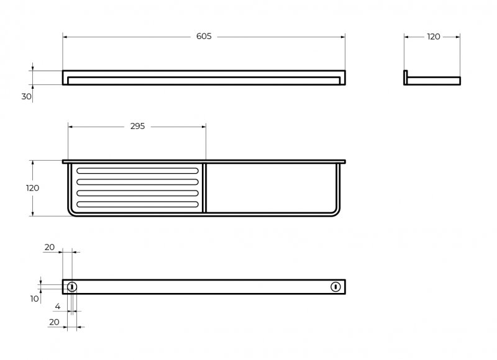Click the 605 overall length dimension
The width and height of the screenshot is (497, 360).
pyautogui.click(x=204, y=37)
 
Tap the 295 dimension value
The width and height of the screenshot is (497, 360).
pyautogui.click(x=137, y=127)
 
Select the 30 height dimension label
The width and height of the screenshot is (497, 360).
pyautogui.click(x=26, y=96)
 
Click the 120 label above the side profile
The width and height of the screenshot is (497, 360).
pyautogui.click(x=433, y=37)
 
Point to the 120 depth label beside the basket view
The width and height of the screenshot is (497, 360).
pyautogui.click(x=32, y=188)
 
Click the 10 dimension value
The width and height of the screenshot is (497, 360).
pyautogui.click(x=35, y=299)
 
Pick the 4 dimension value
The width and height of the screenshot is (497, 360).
pyautogui.click(x=57, y=306)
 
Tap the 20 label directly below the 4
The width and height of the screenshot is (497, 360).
pyautogui.click(x=54, y=322)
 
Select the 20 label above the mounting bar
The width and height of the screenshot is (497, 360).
pyautogui.click(x=50, y=247)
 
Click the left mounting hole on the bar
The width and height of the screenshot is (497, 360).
pyautogui.click(x=72, y=287)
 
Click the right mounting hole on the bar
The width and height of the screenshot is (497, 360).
pyautogui.click(x=335, y=287)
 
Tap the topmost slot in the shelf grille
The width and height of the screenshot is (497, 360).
pyautogui.click(x=137, y=171)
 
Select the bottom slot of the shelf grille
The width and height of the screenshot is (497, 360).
pyautogui.click(x=137, y=204)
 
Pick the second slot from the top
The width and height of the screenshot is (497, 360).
pyautogui.click(x=137, y=182)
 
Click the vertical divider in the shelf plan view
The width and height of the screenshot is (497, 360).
pyautogui.click(x=204, y=188)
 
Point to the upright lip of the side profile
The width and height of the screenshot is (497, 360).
pyautogui.click(x=406, y=77)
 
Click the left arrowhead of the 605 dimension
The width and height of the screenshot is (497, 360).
pyautogui.click(x=65, y=37)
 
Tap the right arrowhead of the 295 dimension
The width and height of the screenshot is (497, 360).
pyautogui.click(x=204, y=127)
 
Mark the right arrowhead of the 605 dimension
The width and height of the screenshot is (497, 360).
pyautogui.click(x=343, y=37)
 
